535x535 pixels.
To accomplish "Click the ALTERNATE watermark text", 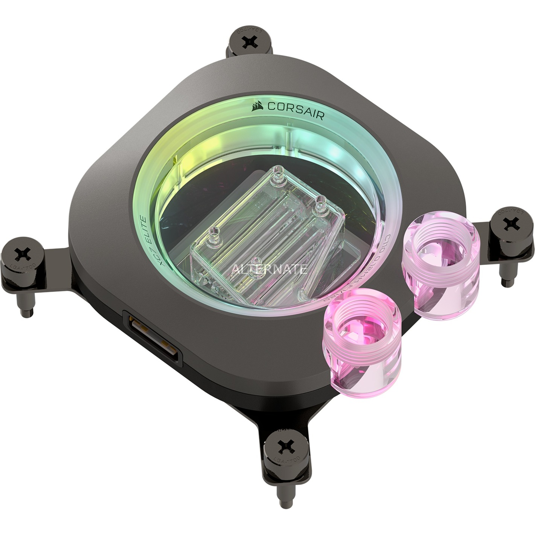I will [x=269, y=269].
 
